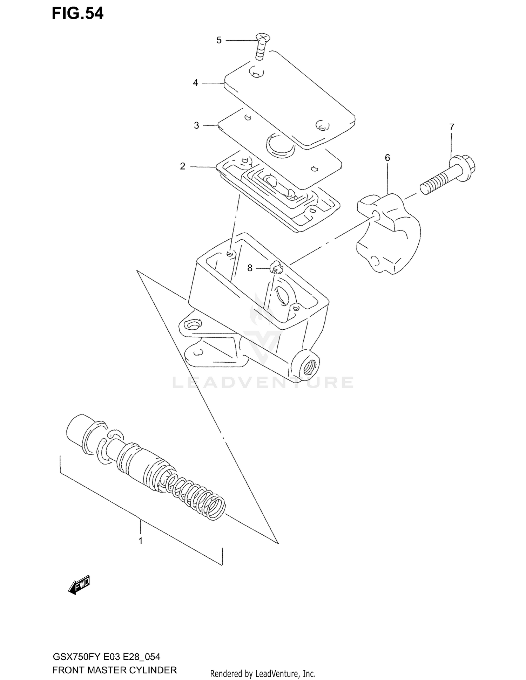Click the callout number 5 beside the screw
219,40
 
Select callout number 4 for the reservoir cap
195,83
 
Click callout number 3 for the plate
196,125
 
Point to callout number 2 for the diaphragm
182,166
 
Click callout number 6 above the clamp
387,158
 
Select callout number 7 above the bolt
452,127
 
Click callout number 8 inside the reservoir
250,268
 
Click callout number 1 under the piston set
140,541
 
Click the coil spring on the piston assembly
196,494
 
